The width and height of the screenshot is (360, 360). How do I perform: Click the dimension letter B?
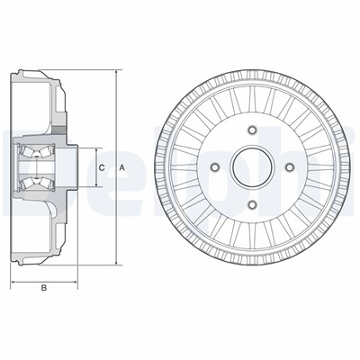pos(43,288)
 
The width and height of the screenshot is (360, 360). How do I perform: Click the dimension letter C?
pos(102,168)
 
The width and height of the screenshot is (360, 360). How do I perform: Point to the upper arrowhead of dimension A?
pos(116,70)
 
